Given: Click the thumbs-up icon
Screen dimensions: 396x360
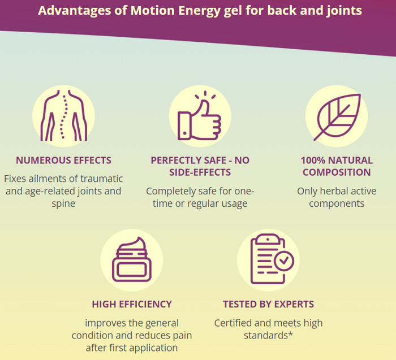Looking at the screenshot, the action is tap(200, 119).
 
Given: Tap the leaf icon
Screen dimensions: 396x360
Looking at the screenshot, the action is tap(337, 117).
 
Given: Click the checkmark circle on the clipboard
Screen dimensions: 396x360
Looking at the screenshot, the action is tap(284, 261).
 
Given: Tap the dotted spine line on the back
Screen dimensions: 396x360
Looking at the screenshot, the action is tap(63, 116).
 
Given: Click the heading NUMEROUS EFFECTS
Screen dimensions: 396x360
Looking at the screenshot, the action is tap(63, 161).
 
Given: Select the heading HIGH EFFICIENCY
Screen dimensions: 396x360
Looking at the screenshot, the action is tap(132, 304).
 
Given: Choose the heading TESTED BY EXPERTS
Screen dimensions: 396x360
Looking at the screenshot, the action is tap(269, 304).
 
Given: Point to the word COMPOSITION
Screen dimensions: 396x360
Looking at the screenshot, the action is tap(337, 172).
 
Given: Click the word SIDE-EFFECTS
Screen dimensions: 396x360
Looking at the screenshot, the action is tap(200, 172).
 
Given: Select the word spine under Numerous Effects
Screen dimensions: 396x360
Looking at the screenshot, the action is tap(63, 204).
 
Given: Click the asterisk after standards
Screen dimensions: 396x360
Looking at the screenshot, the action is tap(290, 334).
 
